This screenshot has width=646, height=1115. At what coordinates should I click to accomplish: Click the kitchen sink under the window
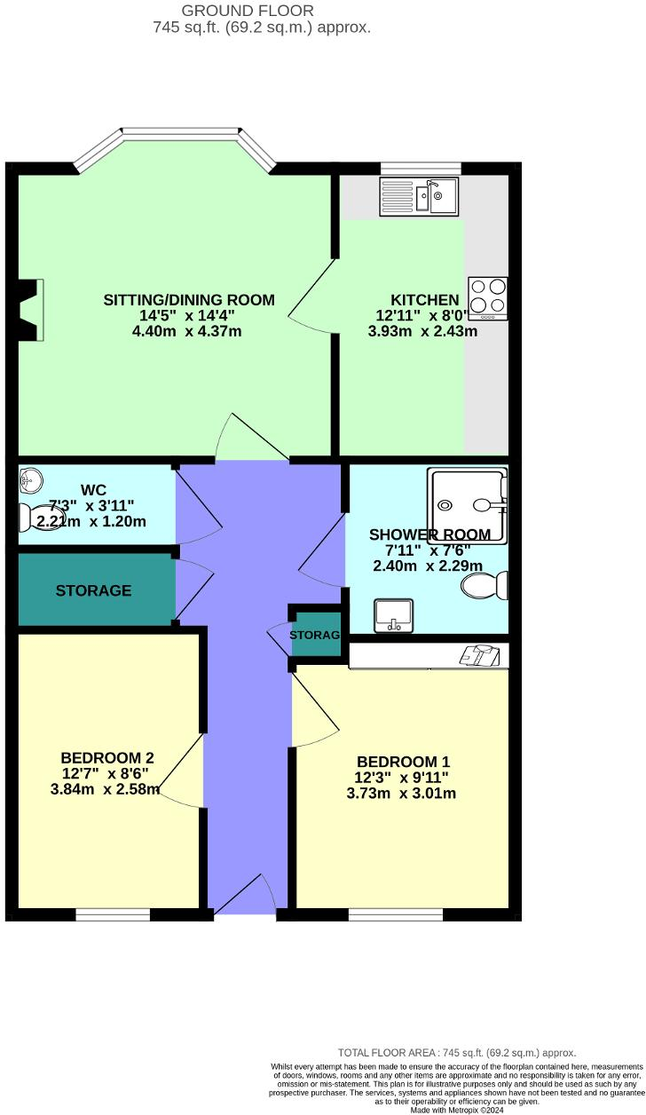tap(418, 196)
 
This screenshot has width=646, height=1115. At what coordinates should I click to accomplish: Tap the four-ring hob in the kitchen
tap(488, 298)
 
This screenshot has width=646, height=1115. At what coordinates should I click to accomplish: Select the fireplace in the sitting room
tap(32, 309)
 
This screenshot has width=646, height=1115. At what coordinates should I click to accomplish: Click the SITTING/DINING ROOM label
tap(189, 300)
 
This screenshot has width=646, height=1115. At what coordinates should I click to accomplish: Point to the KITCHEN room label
tap(425, 300)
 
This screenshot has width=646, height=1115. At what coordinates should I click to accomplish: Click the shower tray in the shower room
tap(468, 505)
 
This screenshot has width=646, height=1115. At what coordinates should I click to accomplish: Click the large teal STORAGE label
tap(93, 590)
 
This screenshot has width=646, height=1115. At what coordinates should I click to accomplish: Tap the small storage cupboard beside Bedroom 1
tap(316, 635)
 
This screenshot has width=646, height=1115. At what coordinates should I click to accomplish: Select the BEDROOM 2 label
tap(107, 757)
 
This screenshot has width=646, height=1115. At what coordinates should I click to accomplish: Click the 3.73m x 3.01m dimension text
tap(401, 793)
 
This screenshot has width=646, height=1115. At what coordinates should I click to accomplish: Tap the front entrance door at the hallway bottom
tap(245, 897)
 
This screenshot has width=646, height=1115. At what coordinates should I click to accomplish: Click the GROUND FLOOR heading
tap(248, 11)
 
